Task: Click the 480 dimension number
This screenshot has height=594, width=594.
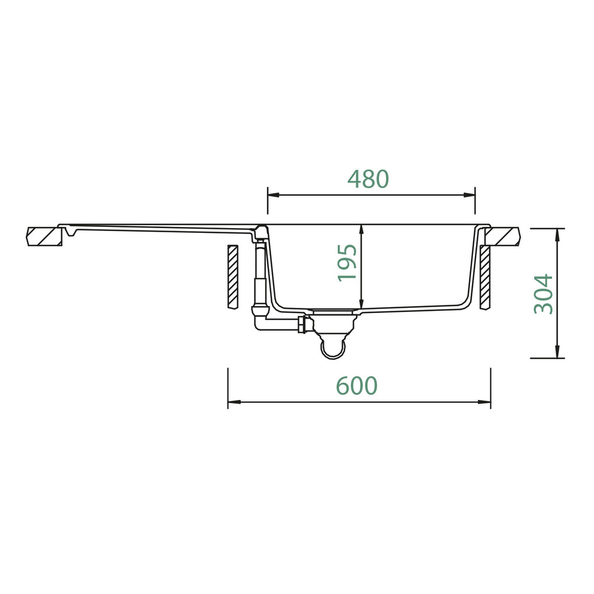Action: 368,179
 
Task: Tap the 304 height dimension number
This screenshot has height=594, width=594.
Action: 543,294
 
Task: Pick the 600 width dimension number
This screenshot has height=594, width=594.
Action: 356,386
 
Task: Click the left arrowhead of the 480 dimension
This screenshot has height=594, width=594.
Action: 274,195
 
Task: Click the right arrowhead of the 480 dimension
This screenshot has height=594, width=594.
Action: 469,195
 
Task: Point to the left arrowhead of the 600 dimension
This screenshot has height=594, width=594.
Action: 234,402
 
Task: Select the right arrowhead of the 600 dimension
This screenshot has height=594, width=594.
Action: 484,402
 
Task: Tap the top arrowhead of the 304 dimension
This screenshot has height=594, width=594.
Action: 557,235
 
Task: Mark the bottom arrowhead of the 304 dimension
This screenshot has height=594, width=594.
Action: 557,352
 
